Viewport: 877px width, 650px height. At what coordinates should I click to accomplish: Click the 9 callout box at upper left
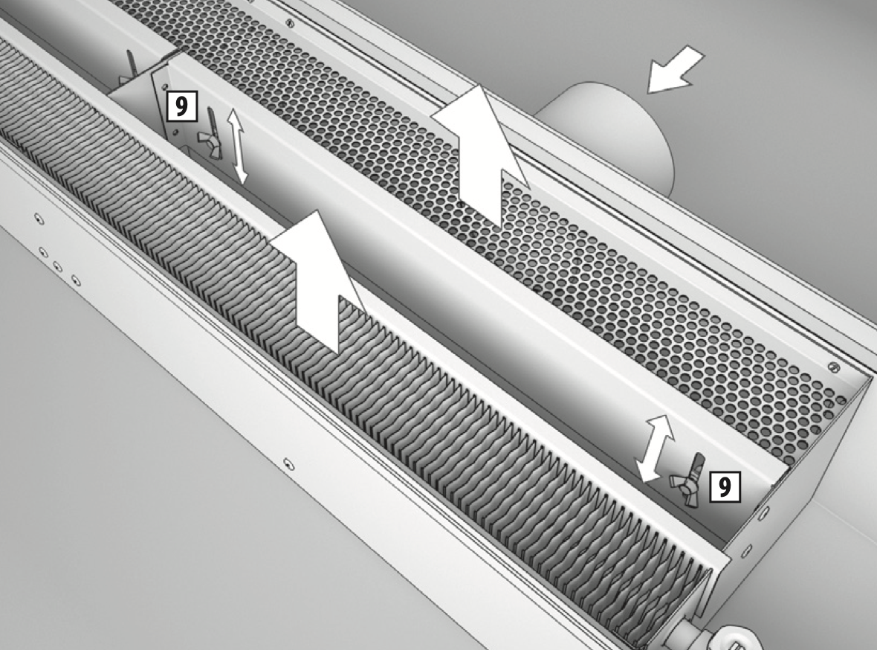(182, 106)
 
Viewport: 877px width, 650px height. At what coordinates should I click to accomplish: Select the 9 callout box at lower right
(725, 486)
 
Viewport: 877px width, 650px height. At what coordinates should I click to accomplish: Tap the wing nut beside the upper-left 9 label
(210, 135)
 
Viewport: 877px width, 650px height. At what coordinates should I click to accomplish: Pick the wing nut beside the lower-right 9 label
(689, 480)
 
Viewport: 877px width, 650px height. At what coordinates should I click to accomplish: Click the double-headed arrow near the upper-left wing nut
(237, 146)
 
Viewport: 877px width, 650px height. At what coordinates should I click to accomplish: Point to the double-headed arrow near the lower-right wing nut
(654, 448)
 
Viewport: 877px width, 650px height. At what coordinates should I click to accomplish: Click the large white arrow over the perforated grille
(481, 157)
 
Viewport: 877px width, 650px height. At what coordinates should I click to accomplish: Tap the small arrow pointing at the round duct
(675, 70)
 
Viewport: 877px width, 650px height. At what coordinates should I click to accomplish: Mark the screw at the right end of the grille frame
(833, 367)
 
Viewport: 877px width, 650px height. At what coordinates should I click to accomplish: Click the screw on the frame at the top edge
(289, 22)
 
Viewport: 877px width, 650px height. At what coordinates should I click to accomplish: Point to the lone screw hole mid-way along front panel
(288, 463)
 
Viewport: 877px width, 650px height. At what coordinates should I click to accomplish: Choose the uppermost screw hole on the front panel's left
(39, 219)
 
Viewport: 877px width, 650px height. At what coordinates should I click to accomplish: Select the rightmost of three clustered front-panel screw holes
(76, 280)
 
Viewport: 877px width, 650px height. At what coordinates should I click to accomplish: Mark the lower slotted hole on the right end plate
(747, 551)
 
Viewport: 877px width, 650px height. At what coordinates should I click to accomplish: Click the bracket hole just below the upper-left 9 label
(175, 132)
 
